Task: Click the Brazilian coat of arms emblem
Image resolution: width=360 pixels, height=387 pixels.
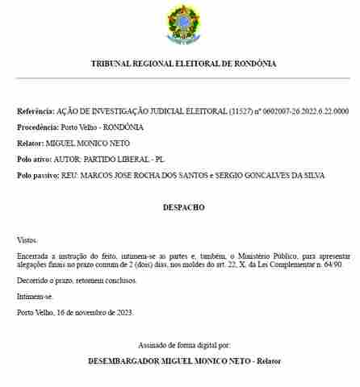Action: coord(180,25)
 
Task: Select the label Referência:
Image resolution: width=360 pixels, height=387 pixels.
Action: coord(36,110)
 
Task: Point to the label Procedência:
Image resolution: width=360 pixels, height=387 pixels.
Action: coord(38,127)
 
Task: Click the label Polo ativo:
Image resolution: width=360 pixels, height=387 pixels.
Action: coord(36,159)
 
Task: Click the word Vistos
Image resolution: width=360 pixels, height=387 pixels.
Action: coord(27,240)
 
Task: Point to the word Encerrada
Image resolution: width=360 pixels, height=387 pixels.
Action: coord(34,256)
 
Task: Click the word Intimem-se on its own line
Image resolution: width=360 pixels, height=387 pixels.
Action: coord(33,297)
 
